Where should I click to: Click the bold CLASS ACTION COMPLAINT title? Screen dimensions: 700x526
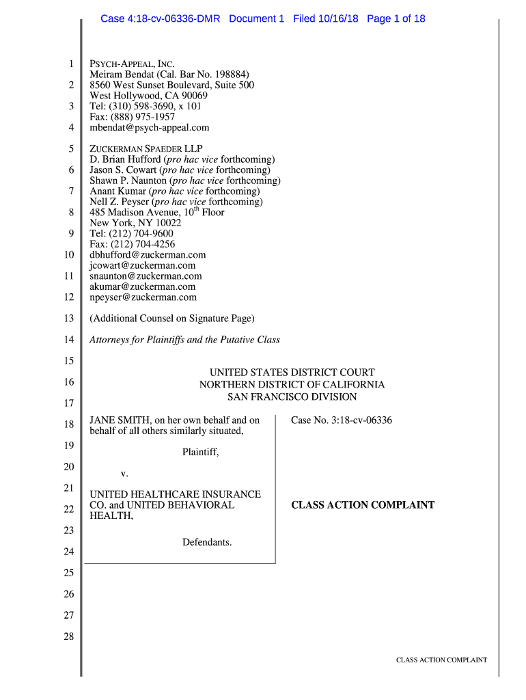coord(363,505)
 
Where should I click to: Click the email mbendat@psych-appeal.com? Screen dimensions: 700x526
coord(150,128)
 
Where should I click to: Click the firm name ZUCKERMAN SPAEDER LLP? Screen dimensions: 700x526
coord(146,149)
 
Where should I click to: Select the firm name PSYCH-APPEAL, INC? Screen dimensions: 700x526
coord(133,64)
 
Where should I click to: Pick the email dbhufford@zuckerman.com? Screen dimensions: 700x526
coord(148,255)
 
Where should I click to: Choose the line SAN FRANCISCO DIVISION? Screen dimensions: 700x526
coord(292,396)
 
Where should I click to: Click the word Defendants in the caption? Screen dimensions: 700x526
coord(207,543)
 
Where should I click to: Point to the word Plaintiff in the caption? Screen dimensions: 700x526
coord(200,452)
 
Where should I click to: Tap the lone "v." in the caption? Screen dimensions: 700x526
coord(124,473)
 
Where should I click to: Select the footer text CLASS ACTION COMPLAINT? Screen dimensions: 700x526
coord(441,660)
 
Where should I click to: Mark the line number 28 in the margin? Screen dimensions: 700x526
coord(68,637)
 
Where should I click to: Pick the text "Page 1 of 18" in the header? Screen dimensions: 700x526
coord(396,18)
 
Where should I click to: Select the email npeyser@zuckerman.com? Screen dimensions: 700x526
coord(143,297)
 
